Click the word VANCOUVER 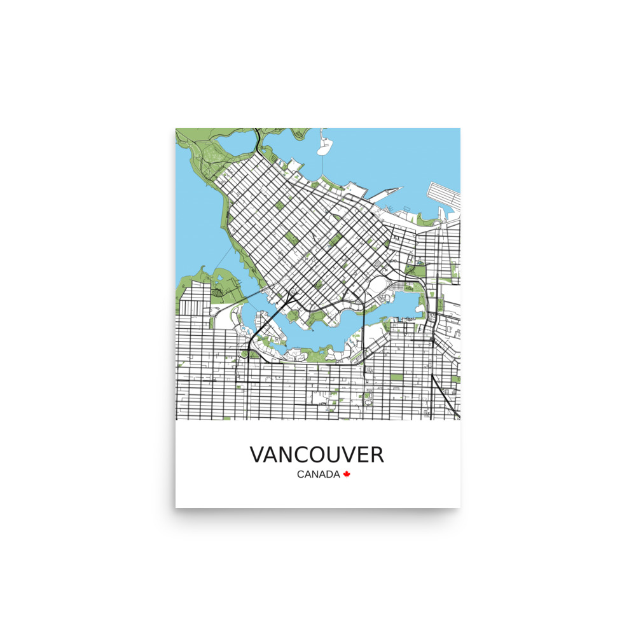[317, 455]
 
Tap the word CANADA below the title [318, 474]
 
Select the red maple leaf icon [347, 474]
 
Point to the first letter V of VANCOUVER [258, 455]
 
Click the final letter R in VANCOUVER [377, 455]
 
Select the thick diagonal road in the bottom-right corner [445, 397]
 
